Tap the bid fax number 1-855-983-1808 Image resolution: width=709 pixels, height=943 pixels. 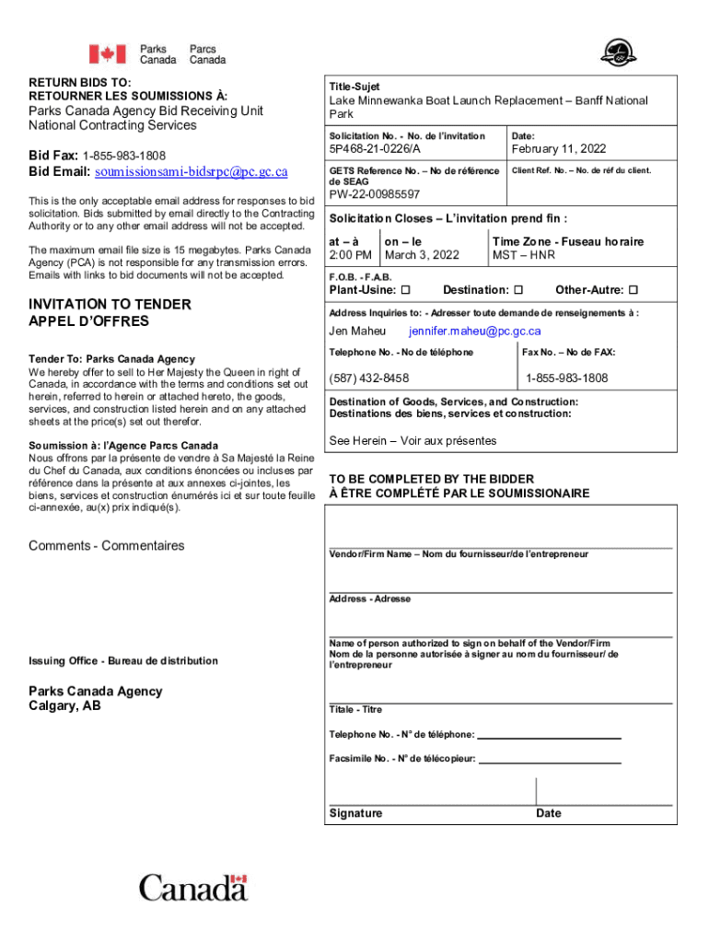coord(123,155)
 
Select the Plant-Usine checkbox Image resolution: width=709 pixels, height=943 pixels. coord(406,290)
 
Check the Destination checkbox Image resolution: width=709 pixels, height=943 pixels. coord(517,290)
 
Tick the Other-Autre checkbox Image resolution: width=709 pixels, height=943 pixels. coord(633,290)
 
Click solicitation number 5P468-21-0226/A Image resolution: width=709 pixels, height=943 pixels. coord(375,149)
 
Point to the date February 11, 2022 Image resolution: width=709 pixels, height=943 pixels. coord(559,149)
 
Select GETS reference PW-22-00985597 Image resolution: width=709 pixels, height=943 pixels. coord(375,194)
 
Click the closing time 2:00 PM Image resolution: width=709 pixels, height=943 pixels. coord(351,255)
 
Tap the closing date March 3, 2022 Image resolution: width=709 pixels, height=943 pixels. coord(422,255)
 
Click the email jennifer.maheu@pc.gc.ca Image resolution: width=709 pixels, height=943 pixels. coord(475,332)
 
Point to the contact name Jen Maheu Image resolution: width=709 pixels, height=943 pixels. coord(357,332)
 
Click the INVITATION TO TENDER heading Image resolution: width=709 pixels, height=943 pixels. coord(110,305)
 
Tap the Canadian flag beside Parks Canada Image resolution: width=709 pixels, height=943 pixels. coord(107,53)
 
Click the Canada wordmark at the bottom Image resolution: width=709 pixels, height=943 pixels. coord(193,888)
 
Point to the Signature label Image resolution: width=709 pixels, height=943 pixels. coord(355,813)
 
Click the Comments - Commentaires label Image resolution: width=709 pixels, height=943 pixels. coord(106,546)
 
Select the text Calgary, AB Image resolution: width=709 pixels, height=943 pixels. coord(64,706)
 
